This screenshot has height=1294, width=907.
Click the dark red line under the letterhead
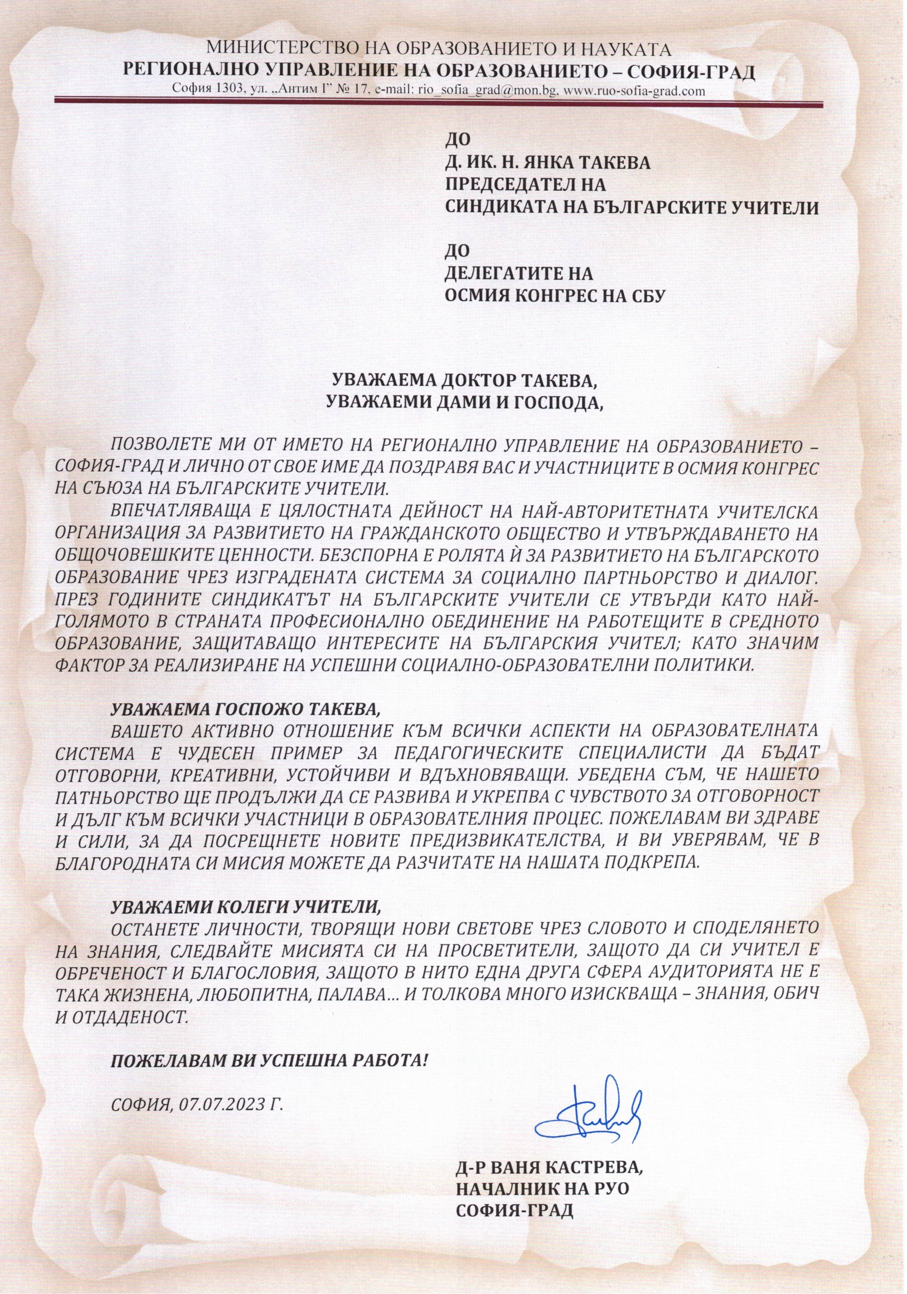coord(451,101)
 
